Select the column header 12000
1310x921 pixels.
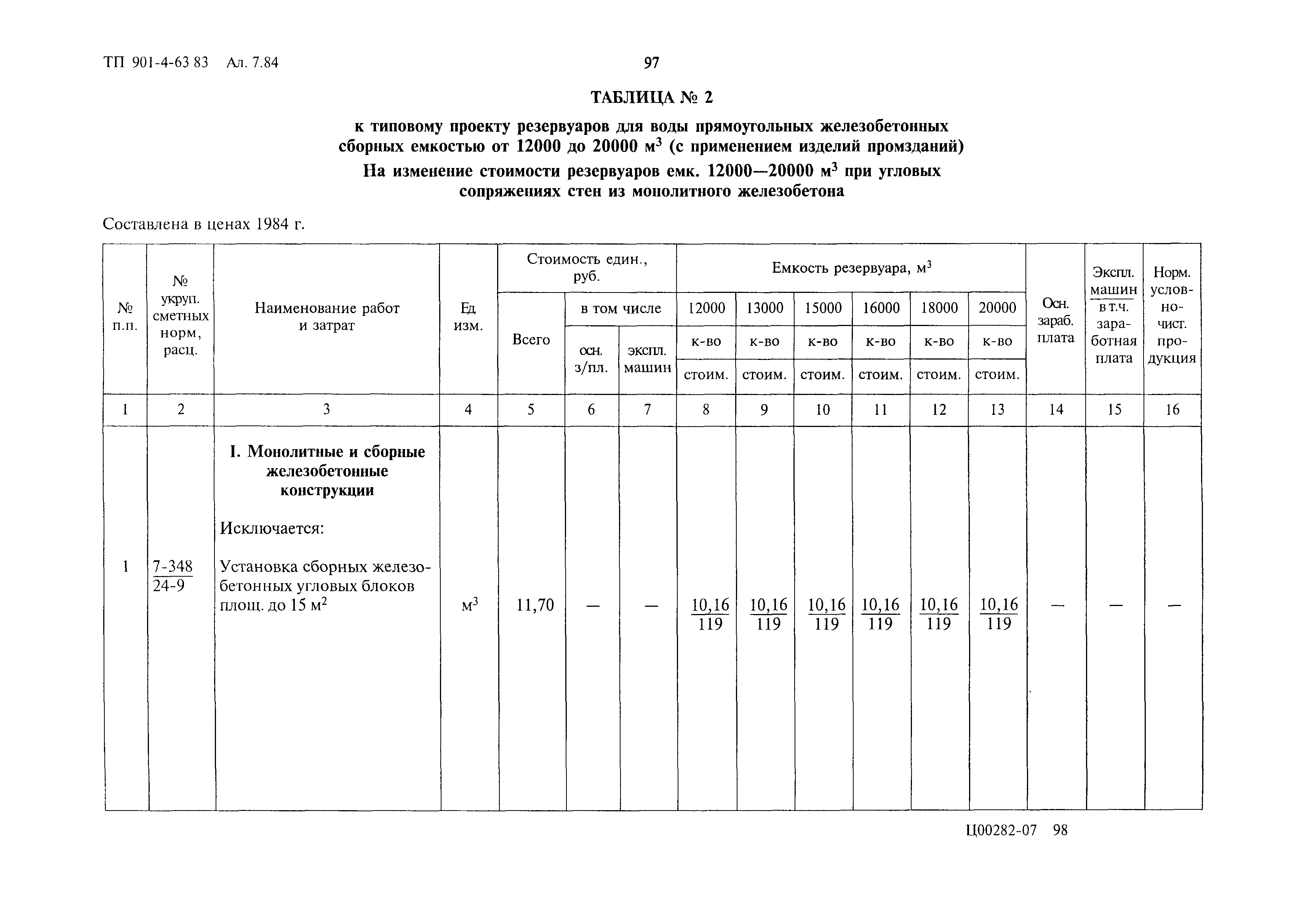tap(706, 308)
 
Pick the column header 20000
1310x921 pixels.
tap(997, 308)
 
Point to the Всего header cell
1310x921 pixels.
tap(531, 339)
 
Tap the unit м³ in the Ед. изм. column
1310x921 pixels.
tap(469, 605)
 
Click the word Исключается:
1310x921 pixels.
tap(272, 528)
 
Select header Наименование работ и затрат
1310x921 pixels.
tap(326, 317)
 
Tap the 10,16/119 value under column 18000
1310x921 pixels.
tap(939, 614)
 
